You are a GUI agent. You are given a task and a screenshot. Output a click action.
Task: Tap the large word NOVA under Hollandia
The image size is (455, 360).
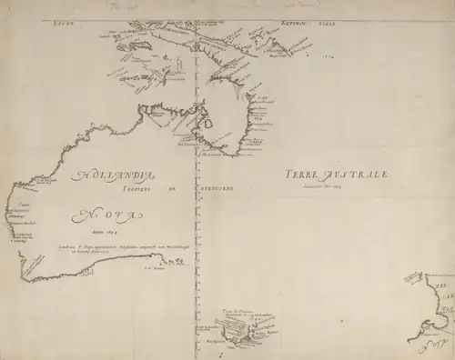click(x=107, y=215)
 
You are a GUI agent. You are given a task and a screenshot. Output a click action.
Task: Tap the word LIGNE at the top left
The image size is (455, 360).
click(x=62, y=18)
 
